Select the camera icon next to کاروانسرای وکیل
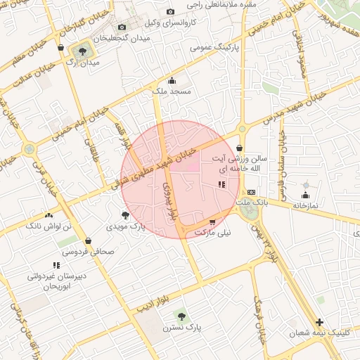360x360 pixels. [170, 11]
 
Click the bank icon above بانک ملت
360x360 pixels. [251, 191]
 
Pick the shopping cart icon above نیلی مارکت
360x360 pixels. [212, 221]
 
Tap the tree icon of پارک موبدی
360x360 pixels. [125, 215]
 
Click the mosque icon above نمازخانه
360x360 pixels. [305, 195]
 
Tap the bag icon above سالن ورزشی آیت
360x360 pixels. [240, 148]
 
